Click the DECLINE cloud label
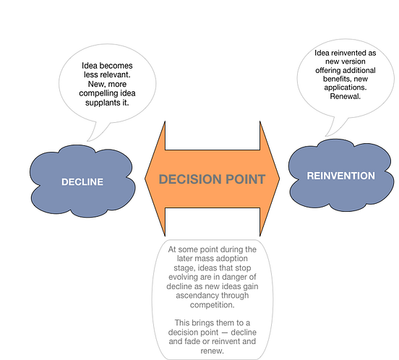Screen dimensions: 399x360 click(82, 182)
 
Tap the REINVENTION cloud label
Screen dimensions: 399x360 click(341, 176)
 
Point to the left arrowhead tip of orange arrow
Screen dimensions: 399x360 click(145, 179)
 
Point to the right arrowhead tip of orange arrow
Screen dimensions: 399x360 click(280, 179)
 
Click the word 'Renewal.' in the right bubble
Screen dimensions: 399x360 click(346, 96)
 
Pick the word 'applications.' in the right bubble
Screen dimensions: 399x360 click(346, 87)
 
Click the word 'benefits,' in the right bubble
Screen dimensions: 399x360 click(337, 79)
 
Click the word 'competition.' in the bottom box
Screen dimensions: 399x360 click(212, 305)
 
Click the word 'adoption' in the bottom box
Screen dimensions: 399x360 click(232, 259)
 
